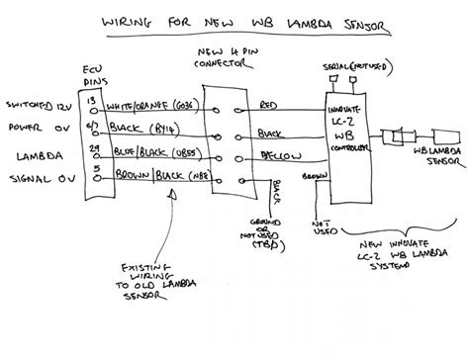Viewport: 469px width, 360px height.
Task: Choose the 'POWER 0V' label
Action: (36, 126)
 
